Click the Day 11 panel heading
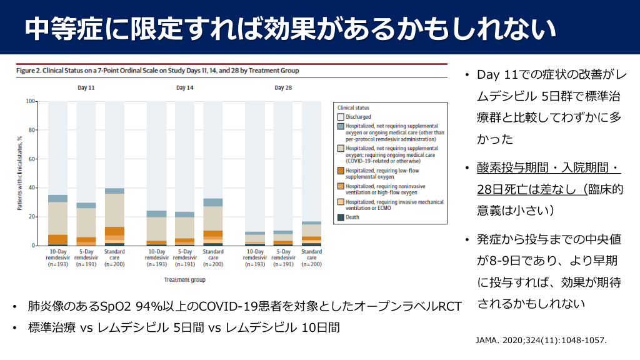click(86, 88)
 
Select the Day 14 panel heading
click(184, 88)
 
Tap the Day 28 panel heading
click(283, 88)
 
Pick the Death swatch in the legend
click(341, 217)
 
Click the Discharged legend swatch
click(341, 117)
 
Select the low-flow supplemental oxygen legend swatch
click(341, 170)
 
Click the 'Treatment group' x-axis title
click(184, 280)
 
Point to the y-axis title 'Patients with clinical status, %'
click(20, 173)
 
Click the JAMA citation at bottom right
click(541, 341)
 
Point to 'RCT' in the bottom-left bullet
click(449, 307)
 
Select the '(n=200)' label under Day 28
click(311, 265)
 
